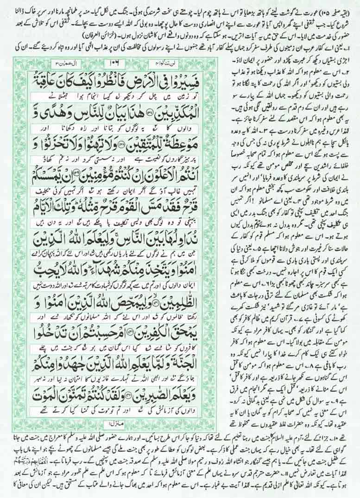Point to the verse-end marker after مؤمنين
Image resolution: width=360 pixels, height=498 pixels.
[82, 165]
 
